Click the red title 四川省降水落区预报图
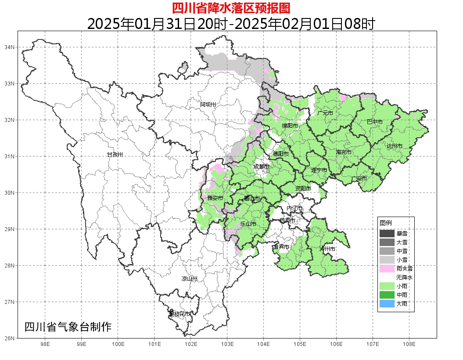coord(231,8)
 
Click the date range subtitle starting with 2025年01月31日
coord(231,24)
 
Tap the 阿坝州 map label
coord(208,104)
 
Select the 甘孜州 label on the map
coord(115,155)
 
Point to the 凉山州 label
coord(190,279)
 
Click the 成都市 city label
coord(261,167)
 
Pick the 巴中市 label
coord(374,122)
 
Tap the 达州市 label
coord(395,146)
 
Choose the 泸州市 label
coord(327,249)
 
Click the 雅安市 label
coord(215,198)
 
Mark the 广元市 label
coord(325,113)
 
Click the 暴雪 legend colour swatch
coord(387,234)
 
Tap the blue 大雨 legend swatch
coord(387,303)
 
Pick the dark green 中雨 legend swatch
coord(387,295)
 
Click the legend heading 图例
coord(385,223)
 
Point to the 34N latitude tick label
coord(10,47)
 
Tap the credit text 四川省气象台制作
coord(68,327)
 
